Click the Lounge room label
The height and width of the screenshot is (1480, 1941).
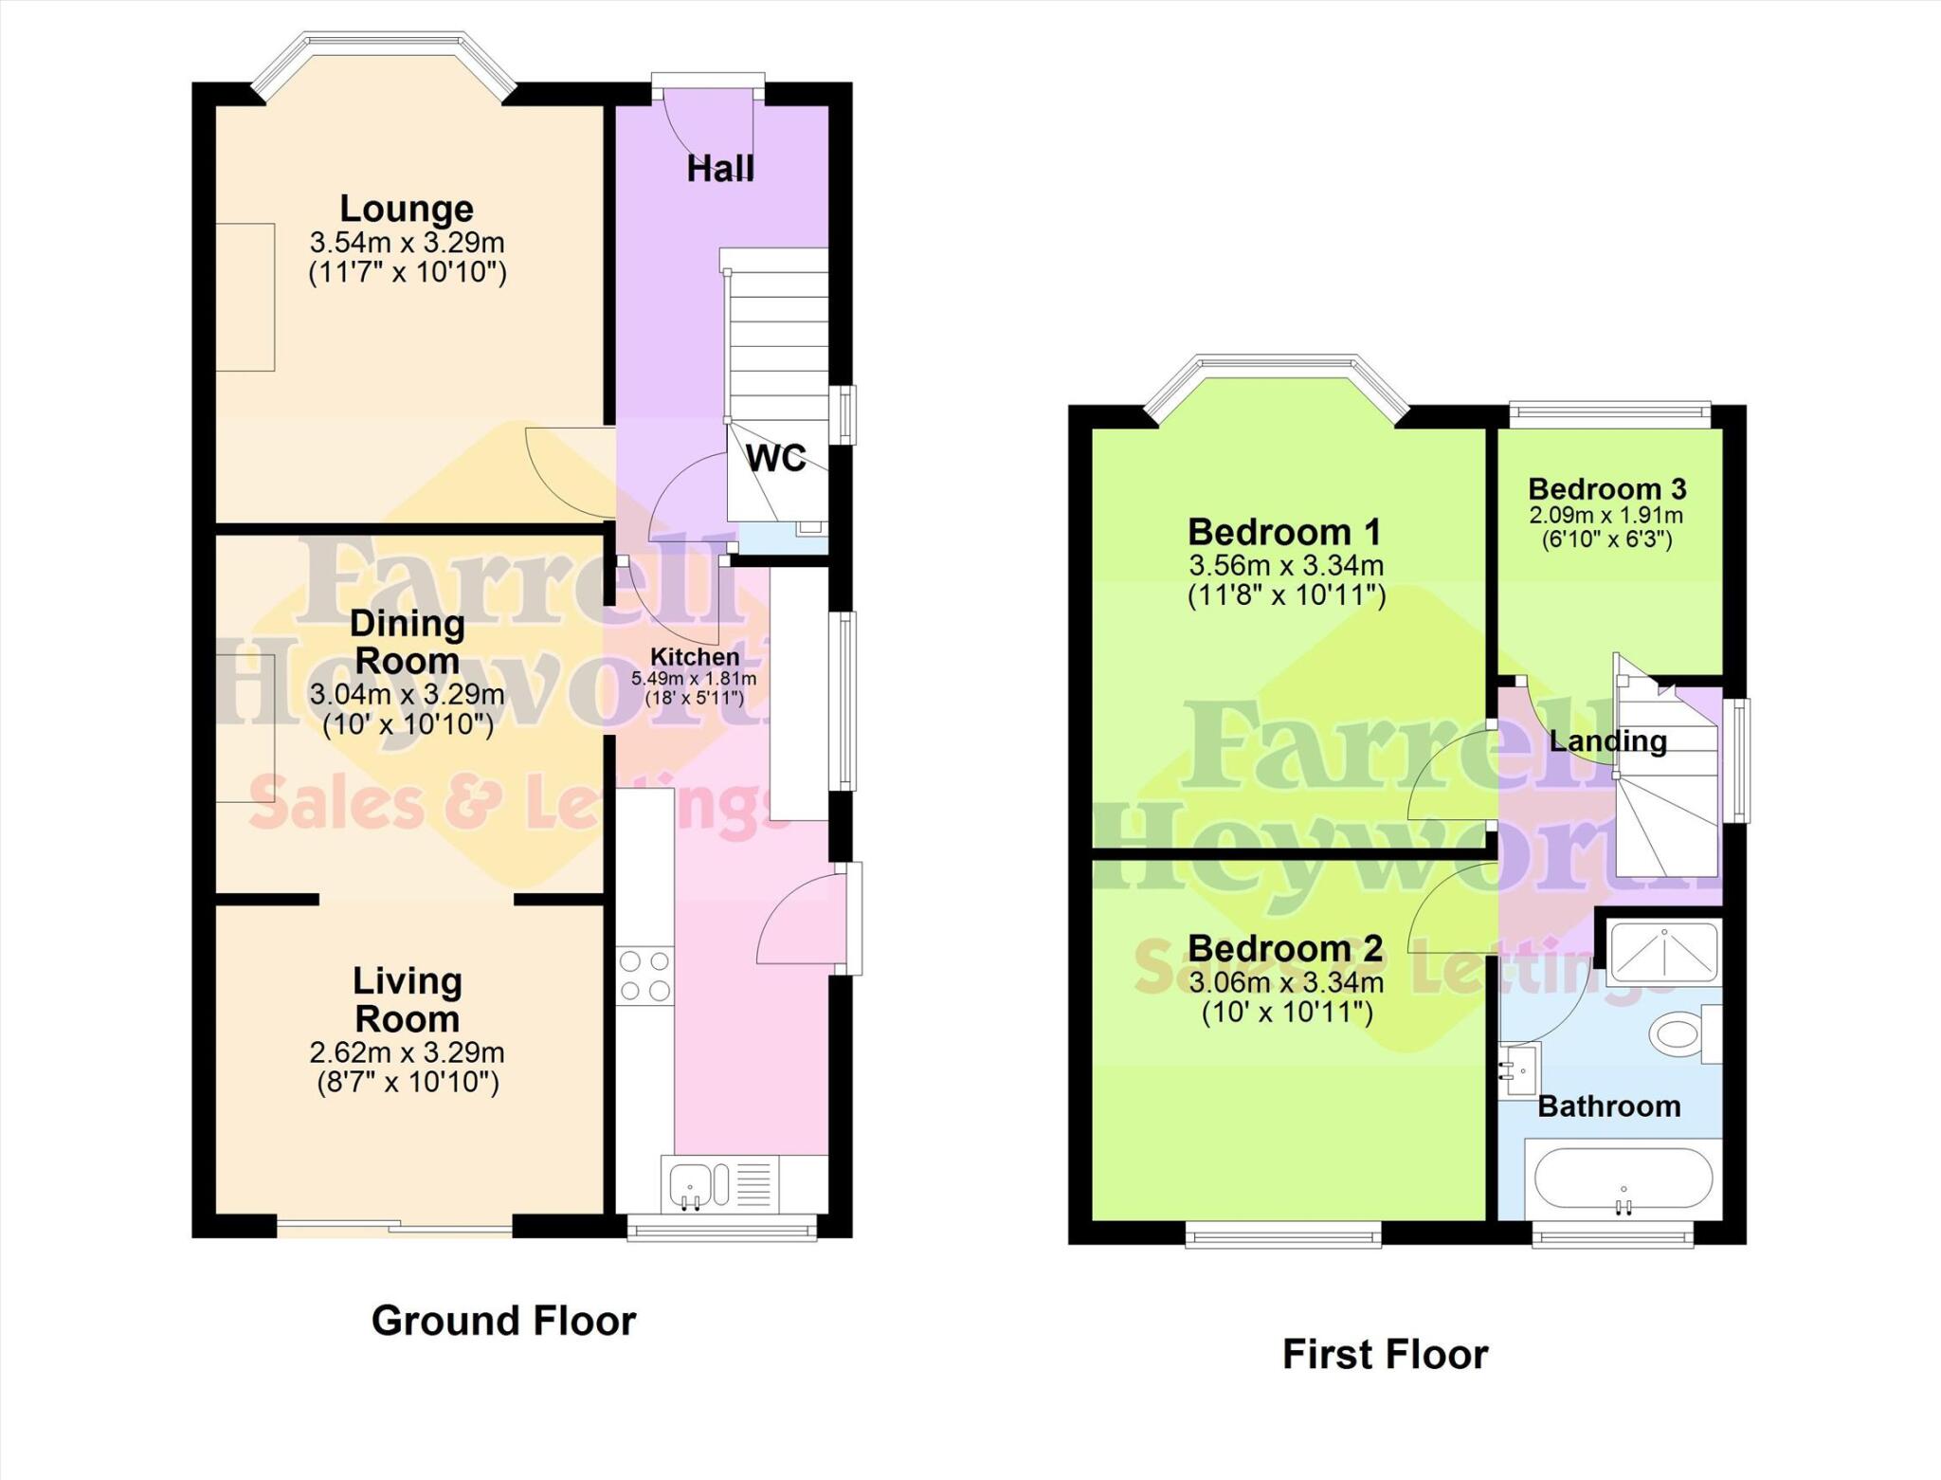point(407,209)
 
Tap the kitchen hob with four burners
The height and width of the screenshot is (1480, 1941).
point(644,977)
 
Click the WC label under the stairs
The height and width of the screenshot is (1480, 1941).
point(776,458)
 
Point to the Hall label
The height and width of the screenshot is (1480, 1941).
point(720,169)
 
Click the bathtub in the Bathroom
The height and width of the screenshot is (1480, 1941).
point(1623,1180)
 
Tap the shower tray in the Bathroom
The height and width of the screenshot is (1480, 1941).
point(1664,951)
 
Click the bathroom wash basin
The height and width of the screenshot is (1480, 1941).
point(1518,1069)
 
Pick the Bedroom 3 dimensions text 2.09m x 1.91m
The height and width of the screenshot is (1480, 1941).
point(1605,516)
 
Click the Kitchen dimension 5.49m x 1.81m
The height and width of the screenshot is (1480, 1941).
point(694,679)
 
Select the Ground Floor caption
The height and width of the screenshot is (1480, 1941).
point(503,1321)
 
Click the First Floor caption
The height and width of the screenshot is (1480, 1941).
point(1385,1354)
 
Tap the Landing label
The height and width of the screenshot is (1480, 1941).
point(1607,740)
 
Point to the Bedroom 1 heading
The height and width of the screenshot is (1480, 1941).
point(1284,532)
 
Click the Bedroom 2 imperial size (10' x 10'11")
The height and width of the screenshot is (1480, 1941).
point(1287,1013)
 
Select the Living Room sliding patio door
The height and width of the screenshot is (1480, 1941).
point(395,1229)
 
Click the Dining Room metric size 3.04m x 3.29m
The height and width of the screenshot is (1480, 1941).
point(407,694)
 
